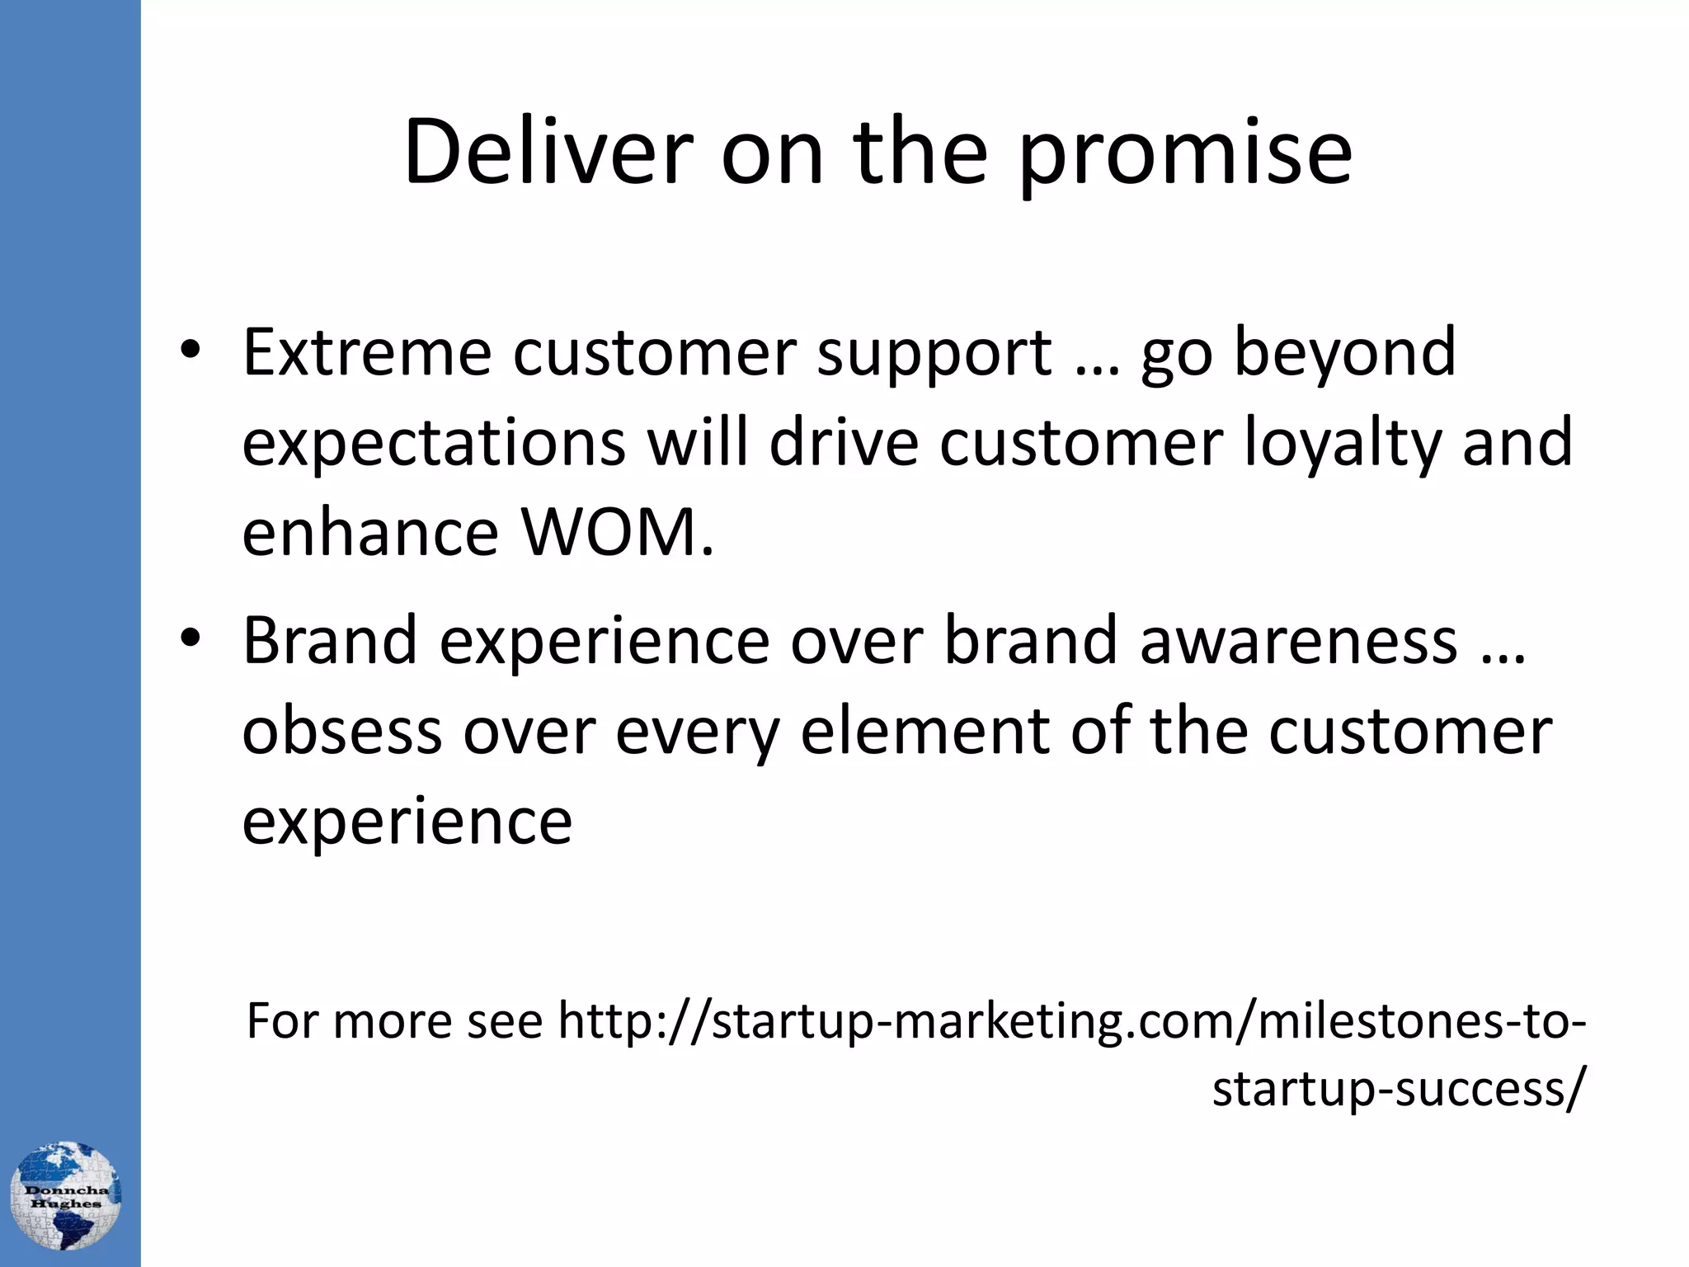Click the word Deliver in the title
(x=548, y=152)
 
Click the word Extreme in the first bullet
(x=366, y=353)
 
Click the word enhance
(x=370, y=533)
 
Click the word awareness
(x=1298, y=643)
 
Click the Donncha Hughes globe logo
(x=66, y=1195)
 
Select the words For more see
(x=394, y=1021)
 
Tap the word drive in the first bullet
(x=844, y=444)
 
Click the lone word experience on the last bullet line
(x=407, y=822)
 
